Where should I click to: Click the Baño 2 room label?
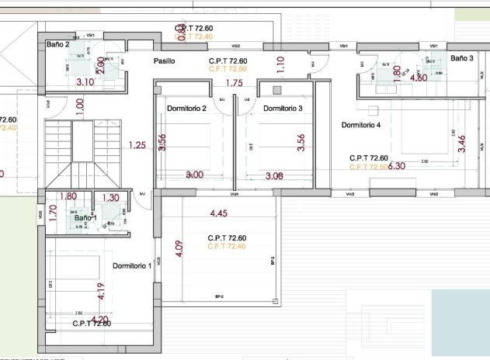point(58,46)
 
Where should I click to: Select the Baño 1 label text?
point(85,219)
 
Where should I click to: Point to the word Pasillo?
point(164,61)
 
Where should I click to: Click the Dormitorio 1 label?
point(132,266)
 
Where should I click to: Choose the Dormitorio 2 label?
point(186,109)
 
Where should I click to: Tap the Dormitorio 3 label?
point(283,109)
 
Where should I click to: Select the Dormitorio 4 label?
point(361,125)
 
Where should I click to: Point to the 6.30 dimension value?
point(397,166)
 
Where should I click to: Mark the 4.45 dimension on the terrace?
point(219,213)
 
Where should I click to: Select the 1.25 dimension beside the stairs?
point(137,144)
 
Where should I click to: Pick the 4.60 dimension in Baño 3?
point(418,78)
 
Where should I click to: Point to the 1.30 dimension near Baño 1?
point(111,198)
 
